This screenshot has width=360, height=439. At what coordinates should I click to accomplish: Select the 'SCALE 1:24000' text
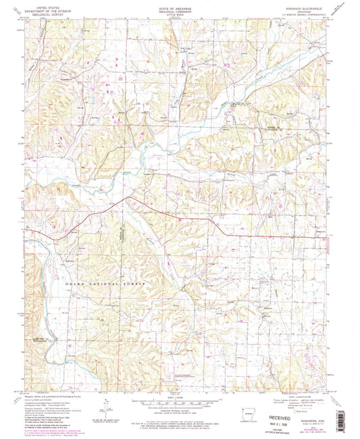tap(180, 395)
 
